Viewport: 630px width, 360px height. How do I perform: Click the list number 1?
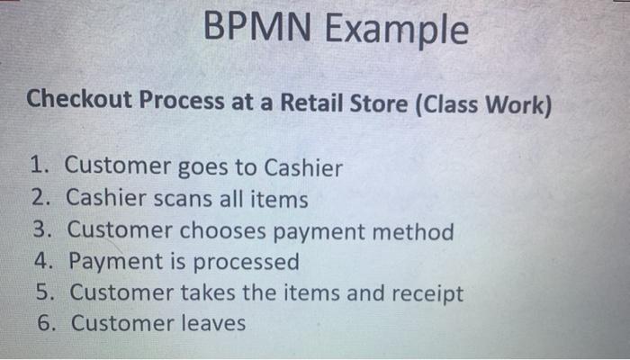(x=38, y=166)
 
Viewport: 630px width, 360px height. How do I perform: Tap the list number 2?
(x=40, y=199)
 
